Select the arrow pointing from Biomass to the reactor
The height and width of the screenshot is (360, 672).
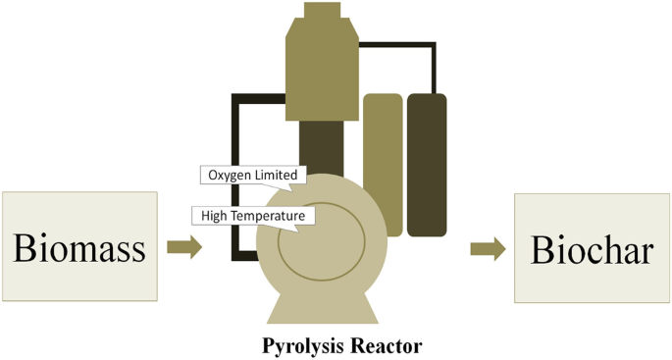click(x=184, y=247)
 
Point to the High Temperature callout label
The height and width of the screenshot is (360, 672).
click(x=252, y=215)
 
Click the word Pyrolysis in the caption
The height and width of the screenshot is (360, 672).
click(x=299, y=346)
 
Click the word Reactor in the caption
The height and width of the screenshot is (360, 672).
click(x=387, y=346)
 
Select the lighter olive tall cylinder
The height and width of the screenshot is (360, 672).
click(x=383, y=163)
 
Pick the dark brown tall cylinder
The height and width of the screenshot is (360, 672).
click(x=427, y=163)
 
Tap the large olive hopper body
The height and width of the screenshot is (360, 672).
click(x=322, y=69)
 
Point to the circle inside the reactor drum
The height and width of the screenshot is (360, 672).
click(x=322, y=241)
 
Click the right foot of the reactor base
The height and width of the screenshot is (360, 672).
click(x=361, y=310)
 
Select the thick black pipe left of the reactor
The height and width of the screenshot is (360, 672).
click(x=236, y=177)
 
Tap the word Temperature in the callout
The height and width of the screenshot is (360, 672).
click(x=269, y=215)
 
